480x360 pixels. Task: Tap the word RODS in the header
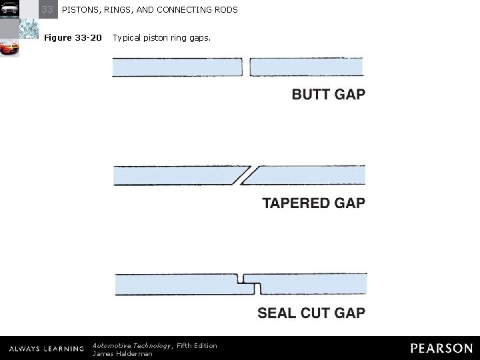pos(225,10)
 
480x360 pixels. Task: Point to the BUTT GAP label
pos(328,95)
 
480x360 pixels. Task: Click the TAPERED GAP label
pos(313,203)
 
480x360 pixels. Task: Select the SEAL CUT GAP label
pos(311,312)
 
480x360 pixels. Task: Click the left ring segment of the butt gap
pos(178,67)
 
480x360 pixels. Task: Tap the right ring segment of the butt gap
pos(306,67)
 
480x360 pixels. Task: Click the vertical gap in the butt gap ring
pos(247,67)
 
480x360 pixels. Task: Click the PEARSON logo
pos(441,348)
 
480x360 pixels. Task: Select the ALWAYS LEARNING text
pos(46,349)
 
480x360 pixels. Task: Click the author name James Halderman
pos(122,353)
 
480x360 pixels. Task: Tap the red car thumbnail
pos(9,49)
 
